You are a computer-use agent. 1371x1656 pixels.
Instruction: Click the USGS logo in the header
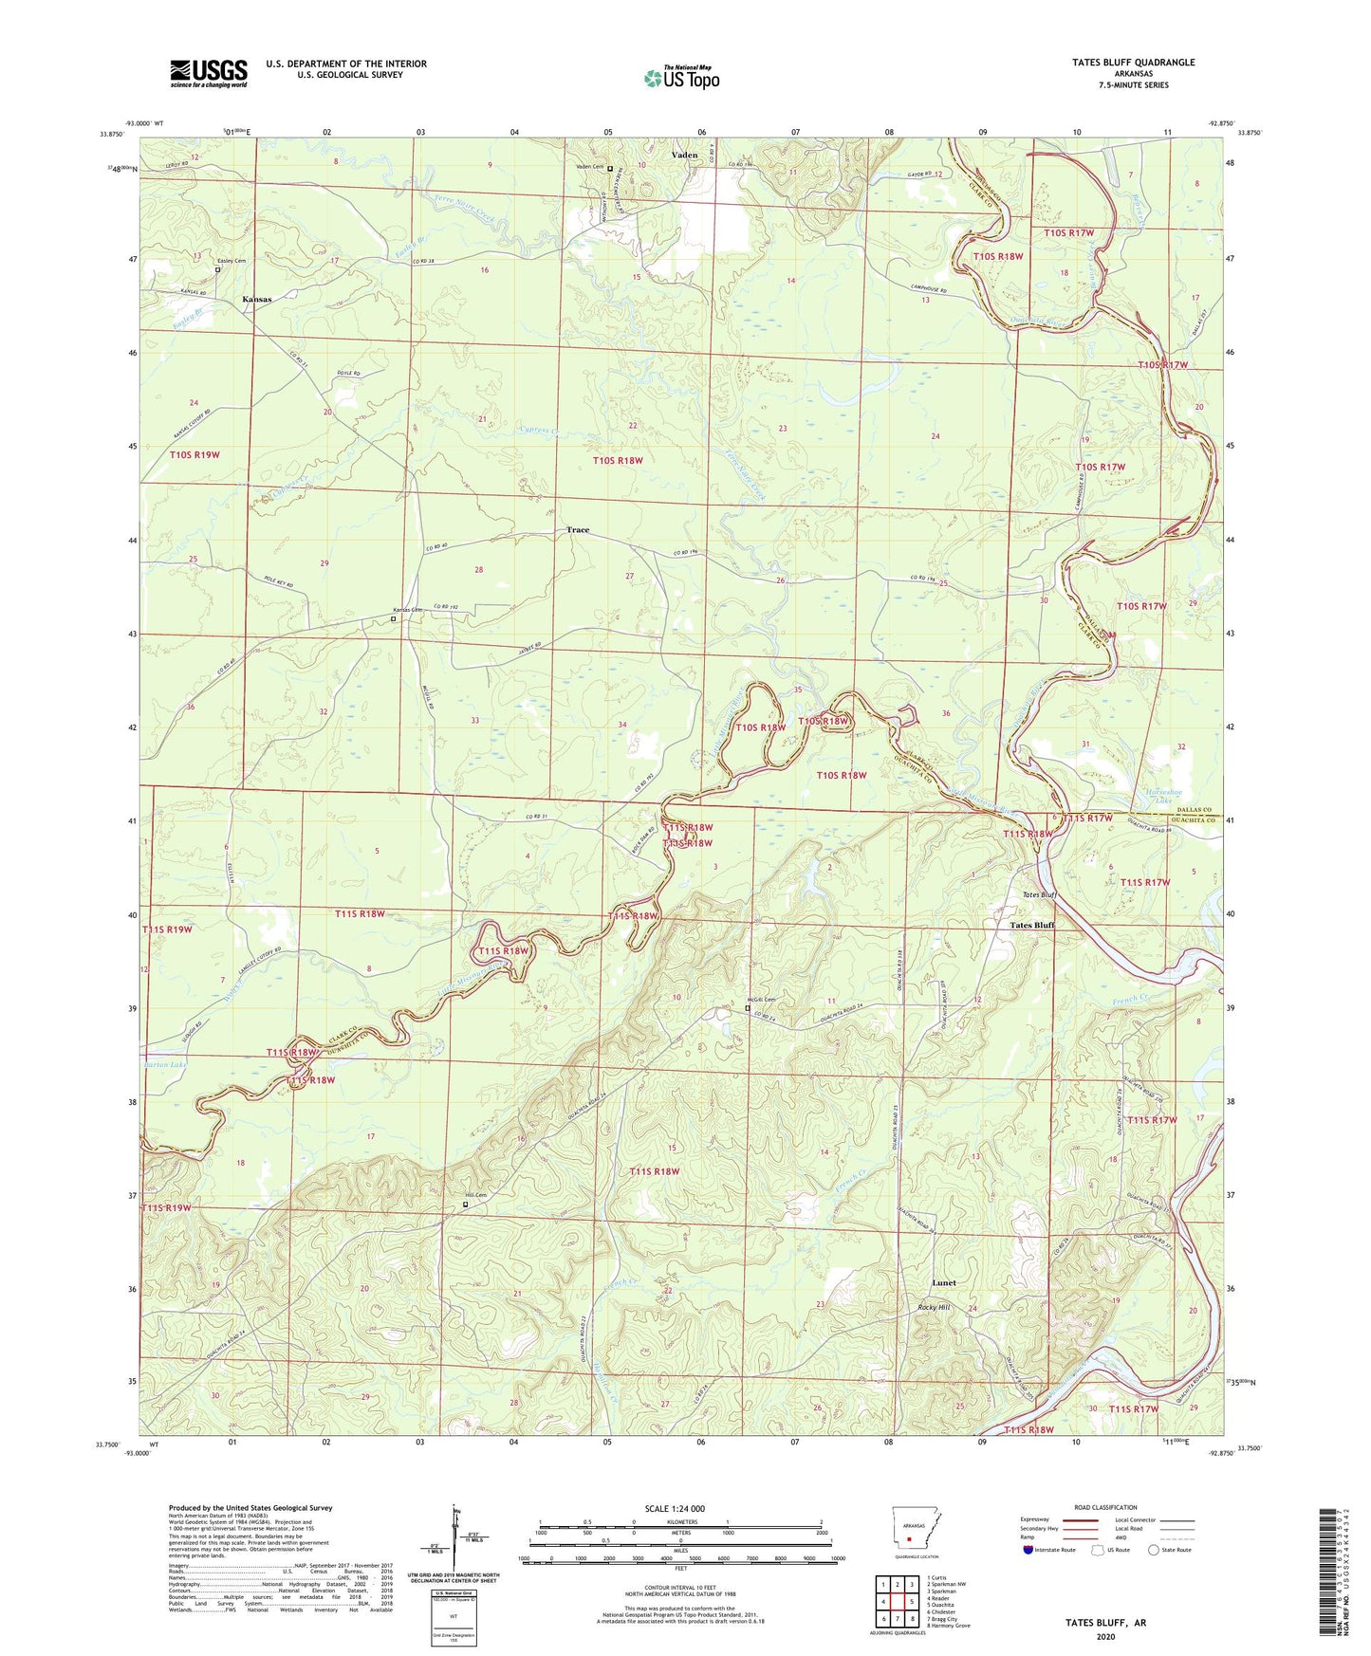[x=209, y=72]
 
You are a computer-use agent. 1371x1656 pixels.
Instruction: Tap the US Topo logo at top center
[x=681, y=78]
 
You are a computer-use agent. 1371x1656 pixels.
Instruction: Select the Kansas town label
[x=256, y=299]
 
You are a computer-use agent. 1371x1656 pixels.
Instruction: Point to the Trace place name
[x=578, y=530]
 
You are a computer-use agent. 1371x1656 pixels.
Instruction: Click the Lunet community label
[x=943, y=1282]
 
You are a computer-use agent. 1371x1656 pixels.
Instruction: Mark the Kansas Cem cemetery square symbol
[x=394, y=618]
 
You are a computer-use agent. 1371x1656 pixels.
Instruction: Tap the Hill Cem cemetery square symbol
[x=465, y=1205]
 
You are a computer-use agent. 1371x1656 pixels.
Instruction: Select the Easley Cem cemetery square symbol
[x=217, y=269]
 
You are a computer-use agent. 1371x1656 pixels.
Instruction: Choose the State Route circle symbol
[x=1154, y=1550]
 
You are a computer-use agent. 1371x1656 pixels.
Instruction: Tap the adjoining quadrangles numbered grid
[x=897, y=1603]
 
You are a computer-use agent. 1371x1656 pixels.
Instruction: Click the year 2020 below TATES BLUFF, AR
[x=1105, y=1636]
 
